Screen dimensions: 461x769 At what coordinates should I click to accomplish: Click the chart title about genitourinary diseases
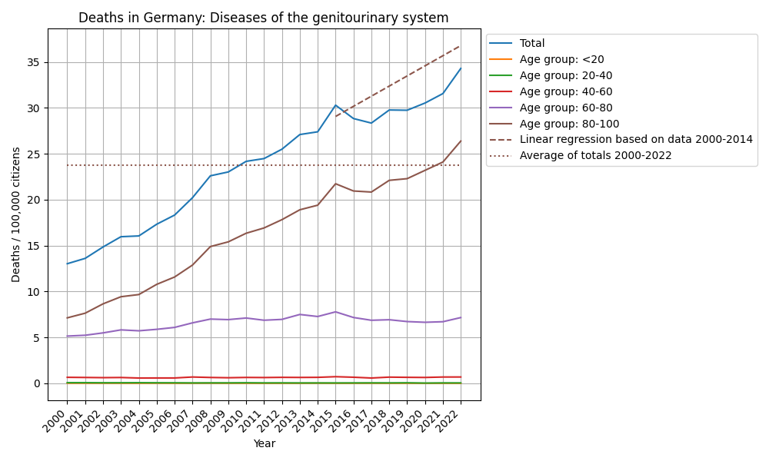(x=264, y=18)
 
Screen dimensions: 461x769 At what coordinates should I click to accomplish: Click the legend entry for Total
(x=532, y=44)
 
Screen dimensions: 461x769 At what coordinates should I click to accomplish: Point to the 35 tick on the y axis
(x=35, y=62)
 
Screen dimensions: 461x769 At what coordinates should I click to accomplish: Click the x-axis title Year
(x=264, y=443)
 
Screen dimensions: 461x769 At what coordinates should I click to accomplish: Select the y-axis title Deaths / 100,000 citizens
(x=16, y=214)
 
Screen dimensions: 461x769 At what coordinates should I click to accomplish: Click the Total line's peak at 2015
(x=335, y=105)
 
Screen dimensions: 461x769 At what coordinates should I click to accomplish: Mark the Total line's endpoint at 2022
(x=461, y=68)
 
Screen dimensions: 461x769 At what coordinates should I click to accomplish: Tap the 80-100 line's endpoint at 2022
(x=461, y=141)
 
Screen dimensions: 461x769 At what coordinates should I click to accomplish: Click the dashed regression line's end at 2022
(x=461, y=45)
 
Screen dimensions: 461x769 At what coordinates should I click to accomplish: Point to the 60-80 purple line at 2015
(x=335, y=312)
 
